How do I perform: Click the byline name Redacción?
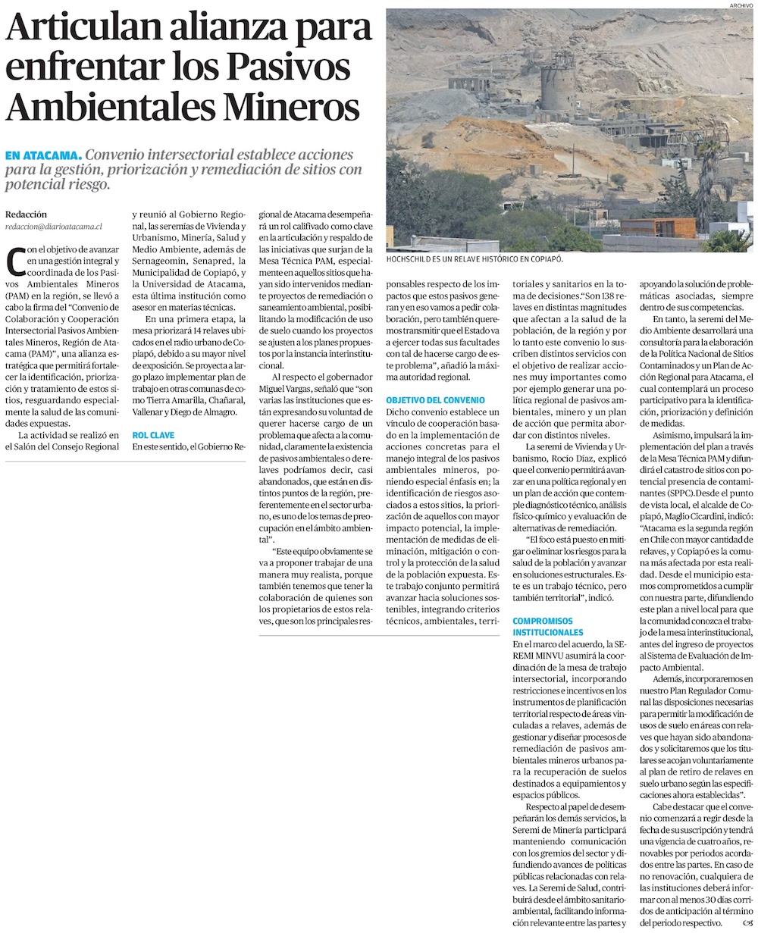(x=26, y=214)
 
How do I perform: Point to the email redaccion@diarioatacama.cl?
(x=53, y=227)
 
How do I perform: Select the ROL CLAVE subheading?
(x=153, y=435)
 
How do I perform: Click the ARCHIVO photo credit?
(x=741, y=5)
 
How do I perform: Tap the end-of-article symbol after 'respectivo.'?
(x=747, y=922)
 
